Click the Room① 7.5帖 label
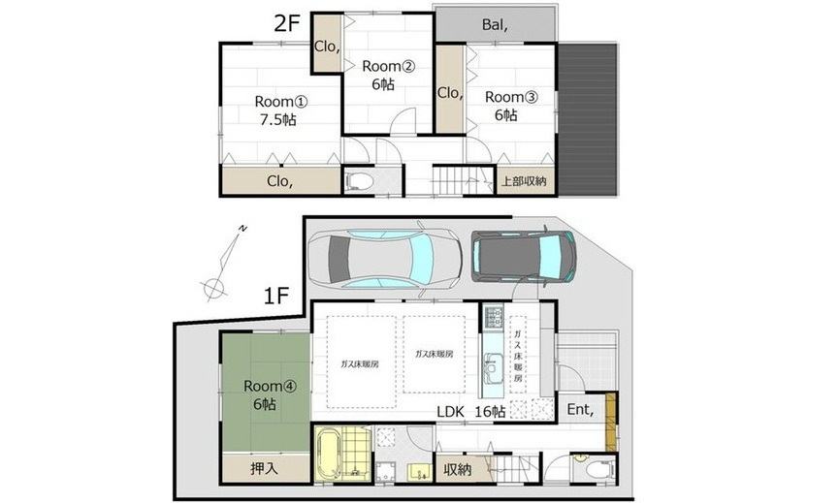point(280,110)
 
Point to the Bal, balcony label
point(495,24)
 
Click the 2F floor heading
point(287,23)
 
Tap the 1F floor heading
point(276,295)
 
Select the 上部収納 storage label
point(524,181)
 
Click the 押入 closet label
point(265,469)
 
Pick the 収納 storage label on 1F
point(458,469)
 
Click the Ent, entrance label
point(581,410)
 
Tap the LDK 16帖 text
point(471,412)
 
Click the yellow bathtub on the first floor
point(328,456)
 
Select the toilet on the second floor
point(359,181)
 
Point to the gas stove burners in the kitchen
point(494,316)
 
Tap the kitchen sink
point(493,367)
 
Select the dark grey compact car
point(524,256)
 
